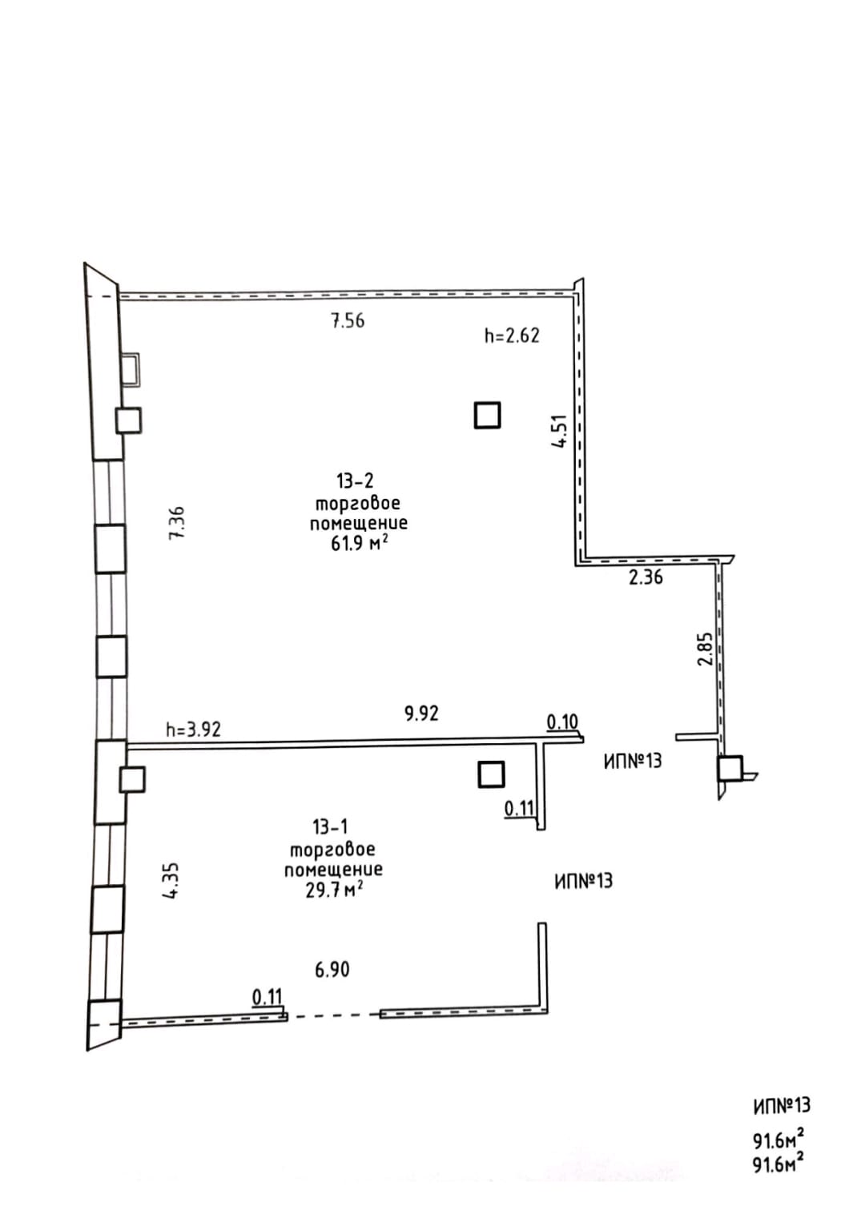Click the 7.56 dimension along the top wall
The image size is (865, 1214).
click(x=348, y=321)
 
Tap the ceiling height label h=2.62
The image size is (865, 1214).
click(x=512, y=336)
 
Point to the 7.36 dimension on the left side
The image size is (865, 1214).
click(x=177, y=522)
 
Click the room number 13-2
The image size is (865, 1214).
click(x=355, y=480)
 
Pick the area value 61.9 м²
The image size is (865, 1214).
click(x=360, y=543)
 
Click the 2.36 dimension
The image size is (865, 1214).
click(x=646, y=577)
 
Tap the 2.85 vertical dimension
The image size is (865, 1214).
click(x=705, y=649)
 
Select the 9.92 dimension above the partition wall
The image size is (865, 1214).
click(x=421, y=714)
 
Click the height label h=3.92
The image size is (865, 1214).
click(x=194, y=730)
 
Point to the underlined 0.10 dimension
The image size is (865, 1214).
click(x=562, y=722)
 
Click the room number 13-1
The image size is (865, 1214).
click(x=330, y=827)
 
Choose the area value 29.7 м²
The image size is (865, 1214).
click(x=334, y=890)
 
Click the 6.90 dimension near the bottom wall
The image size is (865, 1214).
click(x=332, y=970)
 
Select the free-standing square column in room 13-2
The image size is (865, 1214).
click(x=487, y=415)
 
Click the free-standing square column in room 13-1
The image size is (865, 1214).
click(x=492, y=774)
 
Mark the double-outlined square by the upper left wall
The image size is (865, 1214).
click(x=130, y=370)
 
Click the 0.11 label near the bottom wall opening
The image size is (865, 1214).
click(x=268, y=997)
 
